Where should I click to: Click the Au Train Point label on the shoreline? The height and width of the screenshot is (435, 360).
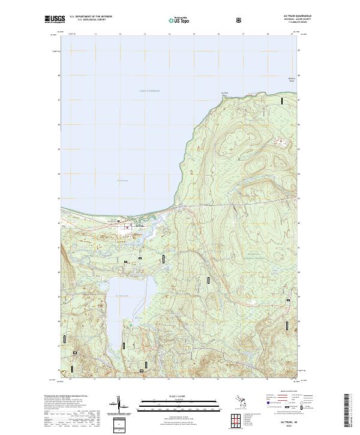click(x=225, y=93)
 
